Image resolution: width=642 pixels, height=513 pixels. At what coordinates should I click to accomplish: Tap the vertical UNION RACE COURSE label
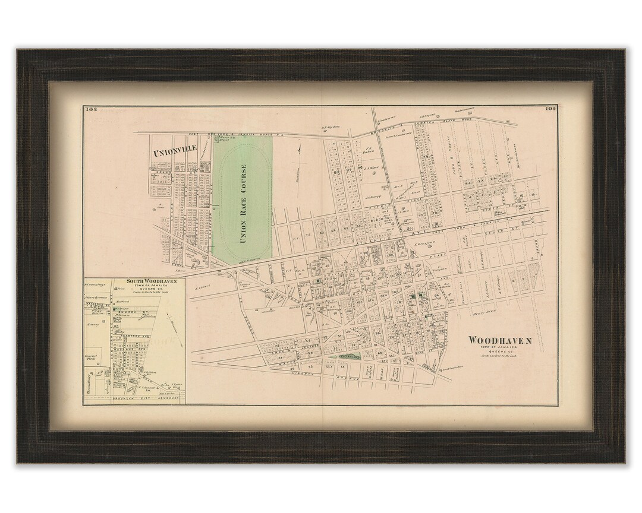(243, 204)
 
